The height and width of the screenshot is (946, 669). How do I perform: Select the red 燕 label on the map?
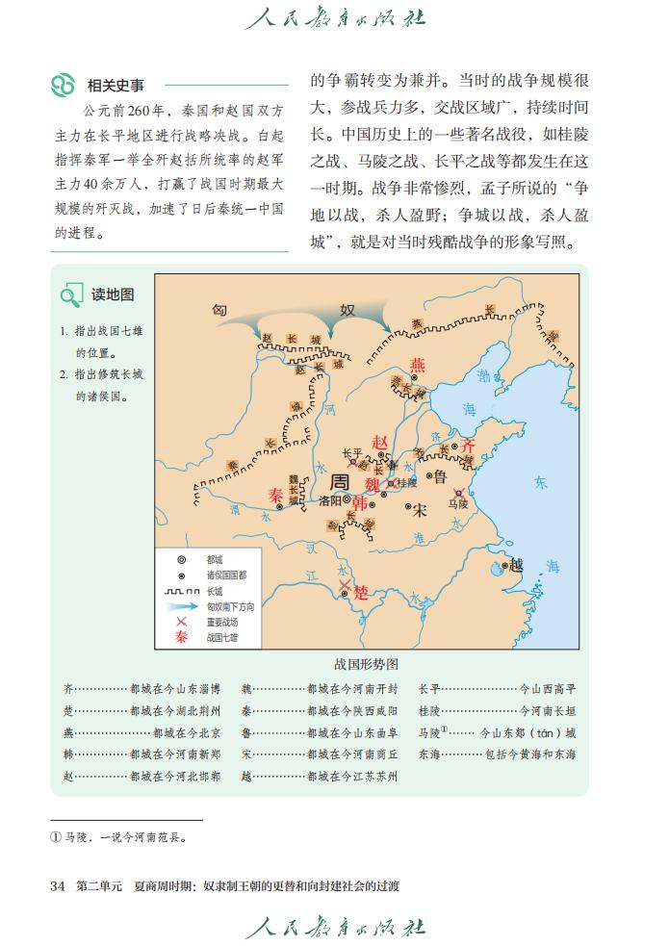(x=417, y=365)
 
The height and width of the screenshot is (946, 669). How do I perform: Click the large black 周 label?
(x=339, y=482)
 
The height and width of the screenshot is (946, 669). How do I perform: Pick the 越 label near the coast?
(x=517, y=565)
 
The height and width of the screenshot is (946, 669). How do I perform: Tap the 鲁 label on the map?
(x=440, y=476)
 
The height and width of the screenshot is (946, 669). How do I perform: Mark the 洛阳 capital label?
(x=329, y=500)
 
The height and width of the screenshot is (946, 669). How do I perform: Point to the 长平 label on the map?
(x=352, y=452)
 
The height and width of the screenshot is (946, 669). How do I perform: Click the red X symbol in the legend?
(x=180, y=622)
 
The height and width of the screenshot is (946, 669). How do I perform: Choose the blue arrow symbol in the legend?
(x=180, y=607)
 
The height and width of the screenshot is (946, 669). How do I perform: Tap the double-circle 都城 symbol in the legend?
(x=180, y=559)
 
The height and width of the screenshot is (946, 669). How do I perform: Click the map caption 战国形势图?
(x=366, y=664)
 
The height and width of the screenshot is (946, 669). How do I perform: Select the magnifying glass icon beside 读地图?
(x=71, y=295)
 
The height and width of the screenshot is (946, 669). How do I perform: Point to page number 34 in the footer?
(x=57, y=885)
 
